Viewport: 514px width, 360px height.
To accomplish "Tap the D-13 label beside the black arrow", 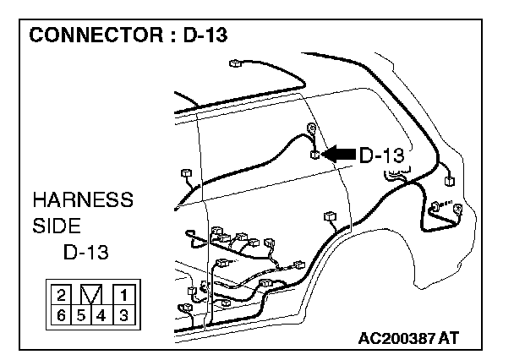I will tap(382, 155).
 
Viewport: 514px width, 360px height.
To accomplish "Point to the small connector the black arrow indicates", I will tap(314, 155).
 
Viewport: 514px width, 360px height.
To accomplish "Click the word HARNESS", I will tap(82, 201).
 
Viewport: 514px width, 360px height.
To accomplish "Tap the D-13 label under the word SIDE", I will tap(86, 253).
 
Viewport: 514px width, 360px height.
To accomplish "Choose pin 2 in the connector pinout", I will tap(62, 295).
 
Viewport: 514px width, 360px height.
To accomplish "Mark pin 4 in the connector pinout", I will tap(101, 315).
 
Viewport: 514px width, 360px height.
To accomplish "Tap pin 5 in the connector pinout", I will tap(82, 315).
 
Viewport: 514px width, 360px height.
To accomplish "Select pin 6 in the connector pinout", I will tap(62, 315).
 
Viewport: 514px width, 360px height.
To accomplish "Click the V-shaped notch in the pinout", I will tap(91, 295).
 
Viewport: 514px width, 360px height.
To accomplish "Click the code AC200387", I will tap(398, 338).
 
